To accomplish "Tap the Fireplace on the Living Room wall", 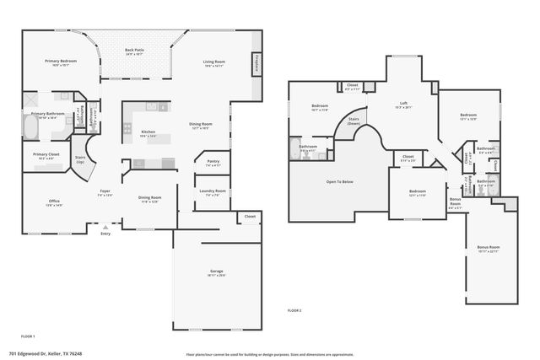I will (256, 64).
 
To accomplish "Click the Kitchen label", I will (148, 133).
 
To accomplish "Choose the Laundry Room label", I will (213, 193).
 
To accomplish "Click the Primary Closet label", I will (46, 156).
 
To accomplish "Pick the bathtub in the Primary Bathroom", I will (30, 129).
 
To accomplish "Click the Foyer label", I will (105, 192).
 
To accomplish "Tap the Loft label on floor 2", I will (403, 105).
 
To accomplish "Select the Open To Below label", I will (339, 181).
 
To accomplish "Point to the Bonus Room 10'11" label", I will (489, 249).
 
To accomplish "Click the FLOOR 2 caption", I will (294, 311).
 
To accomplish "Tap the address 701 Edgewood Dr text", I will (46, 354).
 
